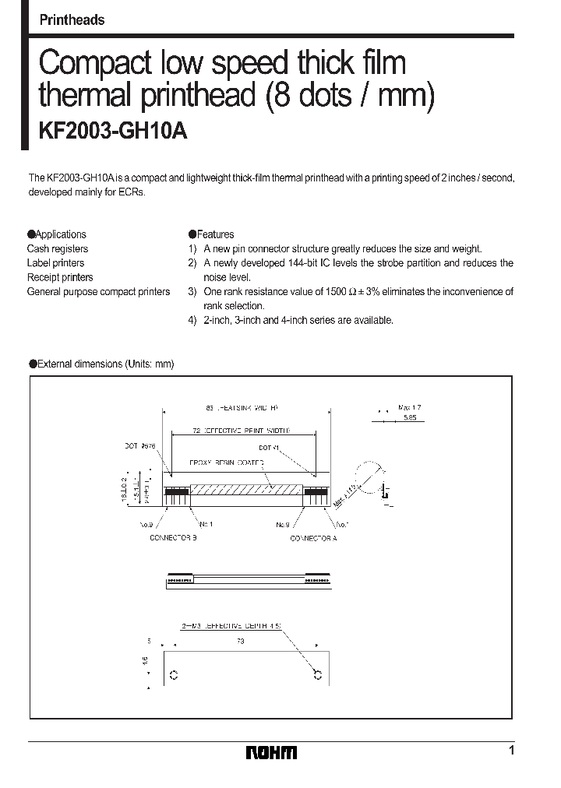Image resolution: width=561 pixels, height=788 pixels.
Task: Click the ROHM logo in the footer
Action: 271,752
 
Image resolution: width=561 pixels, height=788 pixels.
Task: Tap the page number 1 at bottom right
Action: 511,751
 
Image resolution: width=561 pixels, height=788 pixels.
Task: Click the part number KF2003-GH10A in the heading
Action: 113,132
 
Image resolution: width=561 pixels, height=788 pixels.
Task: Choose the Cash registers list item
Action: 58,248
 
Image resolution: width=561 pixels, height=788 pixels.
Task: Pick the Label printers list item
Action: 55,263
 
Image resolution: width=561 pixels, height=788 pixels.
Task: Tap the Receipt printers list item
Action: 60,277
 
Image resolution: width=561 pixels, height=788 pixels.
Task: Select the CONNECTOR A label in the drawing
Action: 312,538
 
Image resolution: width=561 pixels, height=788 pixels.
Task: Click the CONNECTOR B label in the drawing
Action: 172,538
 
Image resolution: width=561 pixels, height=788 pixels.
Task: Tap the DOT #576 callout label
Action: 140,446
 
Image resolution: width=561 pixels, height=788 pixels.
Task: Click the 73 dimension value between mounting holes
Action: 240,641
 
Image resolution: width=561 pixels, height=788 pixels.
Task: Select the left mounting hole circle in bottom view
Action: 174,674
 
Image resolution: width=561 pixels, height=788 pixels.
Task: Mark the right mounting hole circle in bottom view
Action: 316,674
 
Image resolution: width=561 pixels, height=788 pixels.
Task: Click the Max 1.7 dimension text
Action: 409,407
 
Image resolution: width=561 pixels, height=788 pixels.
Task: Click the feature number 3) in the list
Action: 192,292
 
